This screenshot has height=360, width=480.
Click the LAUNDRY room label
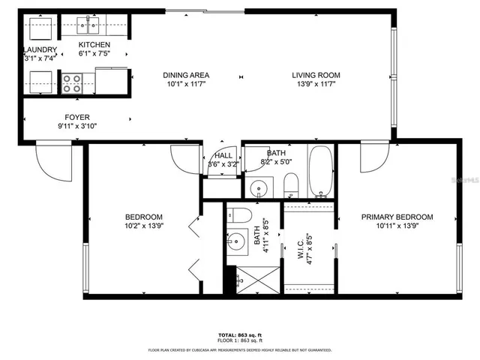click(40, 49)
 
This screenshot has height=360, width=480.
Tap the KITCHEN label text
click(94, 45)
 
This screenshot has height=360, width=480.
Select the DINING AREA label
click(186, 75)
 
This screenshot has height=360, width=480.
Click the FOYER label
click(77, 117)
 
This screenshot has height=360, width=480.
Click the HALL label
click(223, 155)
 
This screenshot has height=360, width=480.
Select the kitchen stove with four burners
click(72, 82)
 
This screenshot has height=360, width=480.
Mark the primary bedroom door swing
click(373, 157)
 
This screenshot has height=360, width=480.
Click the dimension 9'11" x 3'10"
click(77, 126)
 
